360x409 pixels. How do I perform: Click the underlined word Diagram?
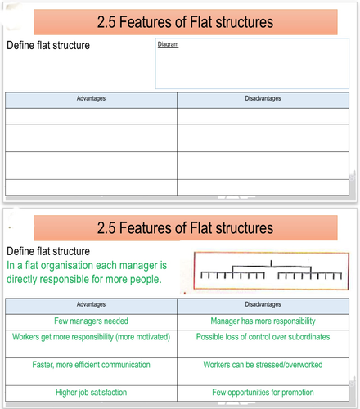[168, 44]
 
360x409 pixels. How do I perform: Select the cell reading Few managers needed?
[91, 322]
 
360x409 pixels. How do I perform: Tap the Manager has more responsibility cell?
[263, 322]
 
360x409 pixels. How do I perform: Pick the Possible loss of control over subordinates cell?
[263, 344]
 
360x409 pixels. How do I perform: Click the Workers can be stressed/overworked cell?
[263, 371]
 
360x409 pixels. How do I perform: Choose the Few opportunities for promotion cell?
[263, 393]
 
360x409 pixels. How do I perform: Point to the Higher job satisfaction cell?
[91, 393]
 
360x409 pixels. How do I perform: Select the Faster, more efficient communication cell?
[91, 371]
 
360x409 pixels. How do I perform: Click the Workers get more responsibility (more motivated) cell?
[91, 344]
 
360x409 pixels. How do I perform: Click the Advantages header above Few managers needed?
[91, 304]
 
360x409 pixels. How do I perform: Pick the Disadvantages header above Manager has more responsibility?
[263, 304]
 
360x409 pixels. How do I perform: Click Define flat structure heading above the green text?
[48, 251]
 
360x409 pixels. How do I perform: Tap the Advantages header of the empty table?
[91, 98]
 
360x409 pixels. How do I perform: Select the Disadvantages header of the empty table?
[263, 98]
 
